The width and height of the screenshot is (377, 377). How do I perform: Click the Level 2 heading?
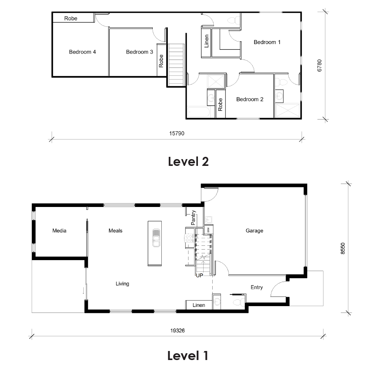pyautogui.click(x=188, y=162)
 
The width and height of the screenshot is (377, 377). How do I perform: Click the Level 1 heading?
pyautogui.click(x=188, y=356)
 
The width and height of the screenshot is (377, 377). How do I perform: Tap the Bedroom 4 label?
pyautogui.click(x=82, y=52)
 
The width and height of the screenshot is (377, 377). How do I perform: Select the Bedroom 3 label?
pyautogui.click(x=139, y=52)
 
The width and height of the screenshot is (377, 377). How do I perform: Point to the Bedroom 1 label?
pyautogui.click(x=267, y=42)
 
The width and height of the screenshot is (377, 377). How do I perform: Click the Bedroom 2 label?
pyautogui.click(x=250, y=100)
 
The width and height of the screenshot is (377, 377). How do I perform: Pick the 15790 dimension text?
pyautogui.click(x=176, y=133)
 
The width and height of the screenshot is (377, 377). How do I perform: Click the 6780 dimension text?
pyautogui.click(x=320, y=65)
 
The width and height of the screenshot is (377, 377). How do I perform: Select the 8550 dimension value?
pyautogui.click(x=342, y=248)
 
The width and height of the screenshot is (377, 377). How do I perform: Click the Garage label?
pyautogui.click(x=254, y=231)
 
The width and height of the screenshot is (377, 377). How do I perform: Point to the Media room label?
pyautogui.click(x=59, y=231)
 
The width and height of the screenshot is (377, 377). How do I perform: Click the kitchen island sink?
pyautogui.click(x=156, y=238)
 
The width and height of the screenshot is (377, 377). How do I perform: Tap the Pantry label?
pyautogui.click(x=193, y=218)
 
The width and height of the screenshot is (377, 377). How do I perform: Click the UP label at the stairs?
pyautogui.click(x=199, y=276)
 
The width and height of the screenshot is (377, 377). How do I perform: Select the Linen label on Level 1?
pyautogui.click(x=199, y=305)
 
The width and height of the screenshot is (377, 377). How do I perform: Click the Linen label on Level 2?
pyautogui.click(x=206, y=42)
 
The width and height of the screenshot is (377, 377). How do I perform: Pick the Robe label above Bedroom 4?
pyautogui.click(x=70, y=18)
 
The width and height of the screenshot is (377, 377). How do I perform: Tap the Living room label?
pyautogui.click(x=122, y=284)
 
